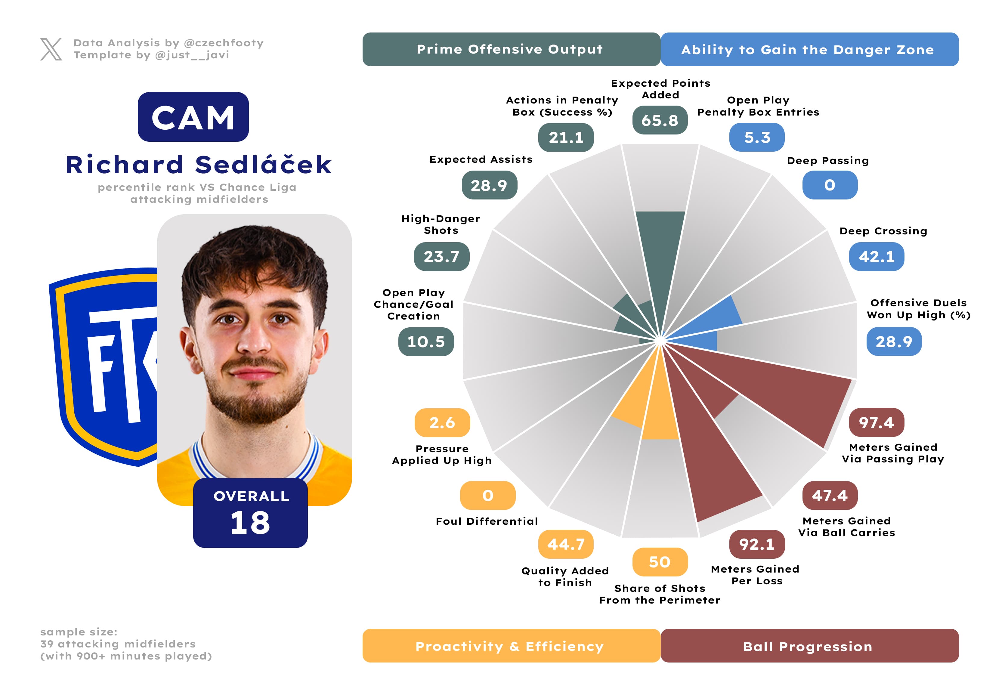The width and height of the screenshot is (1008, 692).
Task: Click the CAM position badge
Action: pyautogui.click(x=193, y=117)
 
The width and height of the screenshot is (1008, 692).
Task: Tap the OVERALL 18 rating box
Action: pyautogui.click(x=250, y=513)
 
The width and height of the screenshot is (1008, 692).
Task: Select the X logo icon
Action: pyautogui.click(x=51, y=49)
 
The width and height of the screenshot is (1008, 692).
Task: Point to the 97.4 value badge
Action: pyautogui.click(x=876, y=422)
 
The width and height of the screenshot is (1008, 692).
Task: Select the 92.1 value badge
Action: pyautogui.click(x=757, y=544)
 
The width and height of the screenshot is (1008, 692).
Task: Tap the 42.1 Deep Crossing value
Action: pyautogui.click(x=877, y=257)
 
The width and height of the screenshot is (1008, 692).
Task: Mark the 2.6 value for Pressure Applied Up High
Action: pyautogui.click(x=442, y=422)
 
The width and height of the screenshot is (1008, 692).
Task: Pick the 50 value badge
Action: pyautogui.click(x=660, y=562)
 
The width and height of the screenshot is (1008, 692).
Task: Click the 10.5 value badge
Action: pyautogui.click(x=426, y=342)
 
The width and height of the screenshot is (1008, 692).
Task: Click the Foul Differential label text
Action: pyautogui.click(x=487, y=521)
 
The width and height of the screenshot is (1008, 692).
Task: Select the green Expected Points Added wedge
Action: pyautogui.click(x=659, y=260)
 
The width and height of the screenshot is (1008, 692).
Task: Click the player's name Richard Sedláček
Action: pyautogui.click(x=199, y=165)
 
